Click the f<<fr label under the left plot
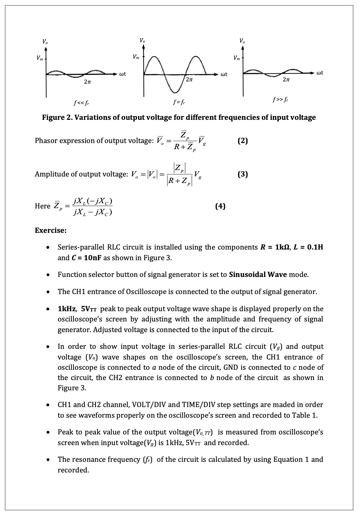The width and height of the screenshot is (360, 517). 82,103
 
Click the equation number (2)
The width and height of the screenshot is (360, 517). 242,141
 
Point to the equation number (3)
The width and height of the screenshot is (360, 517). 242,174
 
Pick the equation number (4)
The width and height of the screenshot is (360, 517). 220,206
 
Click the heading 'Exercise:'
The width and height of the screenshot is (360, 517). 51,230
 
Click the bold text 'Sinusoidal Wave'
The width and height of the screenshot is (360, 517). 258,274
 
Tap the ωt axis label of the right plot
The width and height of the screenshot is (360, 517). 320,72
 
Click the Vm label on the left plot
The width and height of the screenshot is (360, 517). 39,58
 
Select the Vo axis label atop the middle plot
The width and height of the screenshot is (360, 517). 142,40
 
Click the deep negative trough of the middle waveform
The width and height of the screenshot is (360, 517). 175,91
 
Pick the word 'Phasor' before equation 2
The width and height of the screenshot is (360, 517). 46,141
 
